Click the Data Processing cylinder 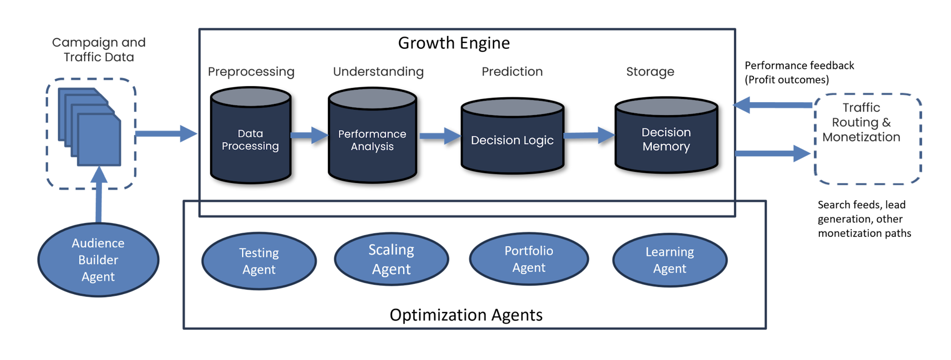250,140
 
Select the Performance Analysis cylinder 372,140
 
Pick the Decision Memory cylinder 666,139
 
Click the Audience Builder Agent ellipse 98,260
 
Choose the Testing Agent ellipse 259,261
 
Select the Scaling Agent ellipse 392,259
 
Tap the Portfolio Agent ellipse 529,259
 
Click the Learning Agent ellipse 670,260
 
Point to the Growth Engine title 454,43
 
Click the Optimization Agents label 466,315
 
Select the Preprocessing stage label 251,72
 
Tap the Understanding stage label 378,72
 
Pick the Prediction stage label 512,71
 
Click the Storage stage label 650,72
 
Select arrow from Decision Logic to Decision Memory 589,135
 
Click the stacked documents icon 90,127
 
